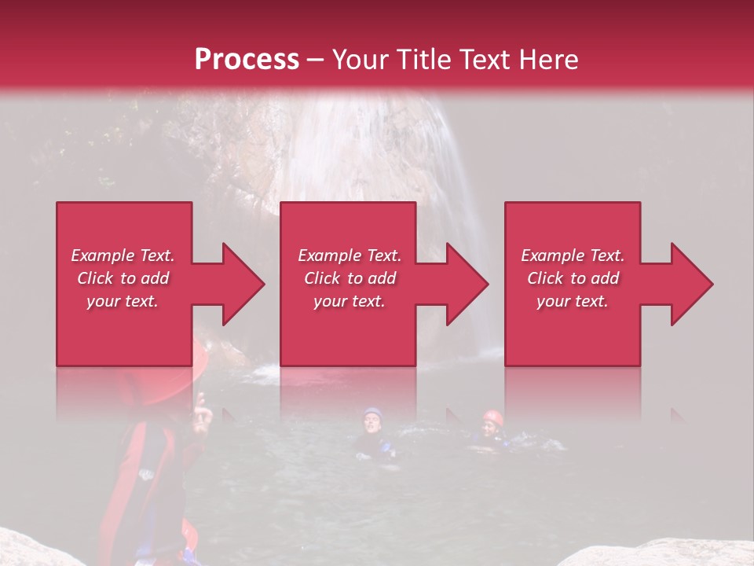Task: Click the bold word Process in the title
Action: (247, 60)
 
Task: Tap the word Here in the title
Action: (549, 60)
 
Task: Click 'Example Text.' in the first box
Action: (123, 255)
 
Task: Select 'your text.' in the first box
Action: (123, 301)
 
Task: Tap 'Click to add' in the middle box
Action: (350, 278)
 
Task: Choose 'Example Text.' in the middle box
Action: (350, 255)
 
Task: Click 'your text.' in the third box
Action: (573, 301)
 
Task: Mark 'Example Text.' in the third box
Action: (573, 255)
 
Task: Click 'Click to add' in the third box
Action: (573, 278)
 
